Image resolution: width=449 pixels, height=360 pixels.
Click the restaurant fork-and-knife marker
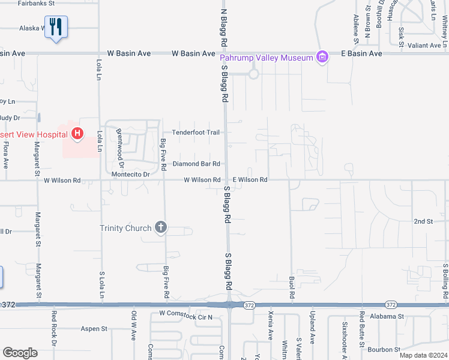pyautogui.click(x=56, y=27)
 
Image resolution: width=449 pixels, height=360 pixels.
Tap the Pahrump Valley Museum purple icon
pyautogui.click(x=323, y=58)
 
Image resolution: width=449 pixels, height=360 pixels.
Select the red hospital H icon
pyautogui.click(x=77, y=134)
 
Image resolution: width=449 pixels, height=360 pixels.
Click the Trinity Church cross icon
pyautogui.click(x=160, y=227)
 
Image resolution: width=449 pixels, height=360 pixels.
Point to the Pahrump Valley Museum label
pyautogui.click(x=267, y=58)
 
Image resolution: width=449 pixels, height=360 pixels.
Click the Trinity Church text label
pyautogui.click(x=125, y=228)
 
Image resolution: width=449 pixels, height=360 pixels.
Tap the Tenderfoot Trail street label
pyautogui.click(x=196, y=133)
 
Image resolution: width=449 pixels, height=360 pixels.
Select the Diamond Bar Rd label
pyautogui.click(x=196, y=164)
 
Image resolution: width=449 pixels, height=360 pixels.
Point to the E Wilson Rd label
pyautogui.click(x=250, y=179)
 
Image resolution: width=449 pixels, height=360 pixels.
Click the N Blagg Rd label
pyautogui.click(x=224, y=28)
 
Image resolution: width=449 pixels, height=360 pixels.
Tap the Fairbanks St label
pyautogui.click(x=36, y=3)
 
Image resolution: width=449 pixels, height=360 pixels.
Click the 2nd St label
pyautogui.click(x=423, y=221)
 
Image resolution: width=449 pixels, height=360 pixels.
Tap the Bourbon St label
pyautogui.click(x=385, y=349)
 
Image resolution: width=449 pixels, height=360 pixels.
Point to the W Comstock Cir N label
pyautogui.click(x=185, y=314)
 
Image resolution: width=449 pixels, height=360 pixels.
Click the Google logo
pyautogui.click(x=20, y=353)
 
